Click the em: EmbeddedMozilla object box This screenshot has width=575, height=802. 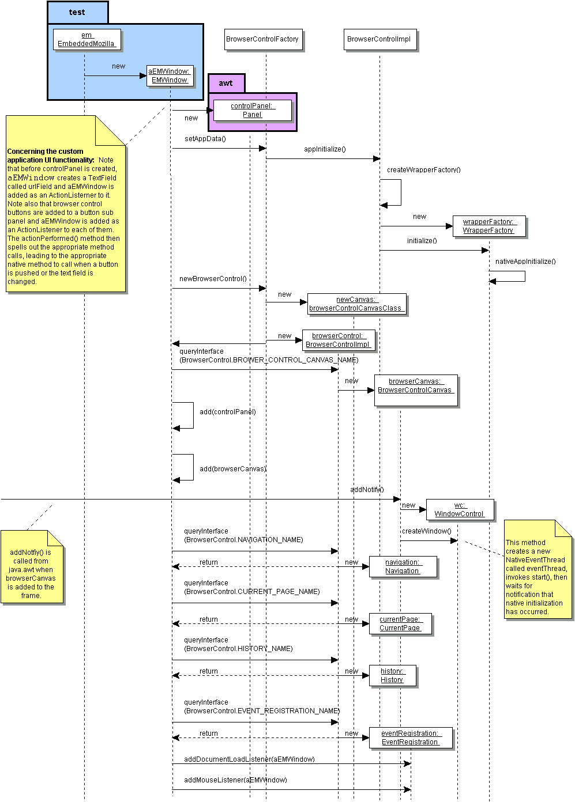click(87, 40)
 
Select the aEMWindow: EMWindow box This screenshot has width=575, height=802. click(169, 76)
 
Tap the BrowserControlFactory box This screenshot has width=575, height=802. click(262, 39)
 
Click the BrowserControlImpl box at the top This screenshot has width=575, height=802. click(379, 39)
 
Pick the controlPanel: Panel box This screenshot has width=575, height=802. click(252, 110)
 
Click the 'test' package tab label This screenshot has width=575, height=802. click(77, 12)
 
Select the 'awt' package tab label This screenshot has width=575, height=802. click(226, 83)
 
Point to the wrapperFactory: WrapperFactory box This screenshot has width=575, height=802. click(488, 226)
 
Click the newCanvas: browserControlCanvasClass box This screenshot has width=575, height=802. click(356, 304)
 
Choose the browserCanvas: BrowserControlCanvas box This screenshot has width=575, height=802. click(415, 386)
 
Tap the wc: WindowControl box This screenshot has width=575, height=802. click(459, 509)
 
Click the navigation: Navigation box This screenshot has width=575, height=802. click(402, 566)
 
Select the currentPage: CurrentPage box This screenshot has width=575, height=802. click(400, 623)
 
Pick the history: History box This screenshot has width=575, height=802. click(392, 675)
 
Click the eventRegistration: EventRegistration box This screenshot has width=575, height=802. click(410, 737)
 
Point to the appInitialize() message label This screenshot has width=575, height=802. click(325, 149)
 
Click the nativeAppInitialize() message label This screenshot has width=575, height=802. click(525, 262)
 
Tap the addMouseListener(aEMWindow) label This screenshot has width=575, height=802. click(235, 780)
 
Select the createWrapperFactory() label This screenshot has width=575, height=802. click(423, 170)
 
